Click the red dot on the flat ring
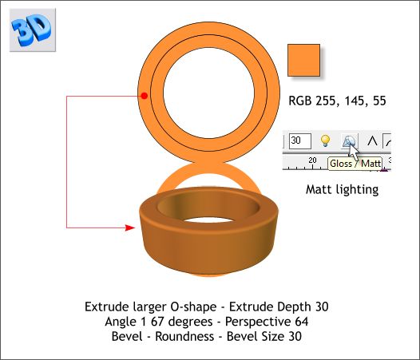click(x=144, y=97)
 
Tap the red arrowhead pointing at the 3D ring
click(x=129, y=228)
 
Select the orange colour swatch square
click(x=303, y=61)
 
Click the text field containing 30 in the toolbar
click(x=299, y=141)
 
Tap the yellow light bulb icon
click(x=325, y=141)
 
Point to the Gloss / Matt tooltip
click(x=355, y=164)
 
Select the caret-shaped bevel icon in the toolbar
click(x=372, y=141)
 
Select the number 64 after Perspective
click(x=300, y=322)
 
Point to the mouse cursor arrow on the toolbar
click(x=352, y=149)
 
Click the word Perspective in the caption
click(x=260, y=322)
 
